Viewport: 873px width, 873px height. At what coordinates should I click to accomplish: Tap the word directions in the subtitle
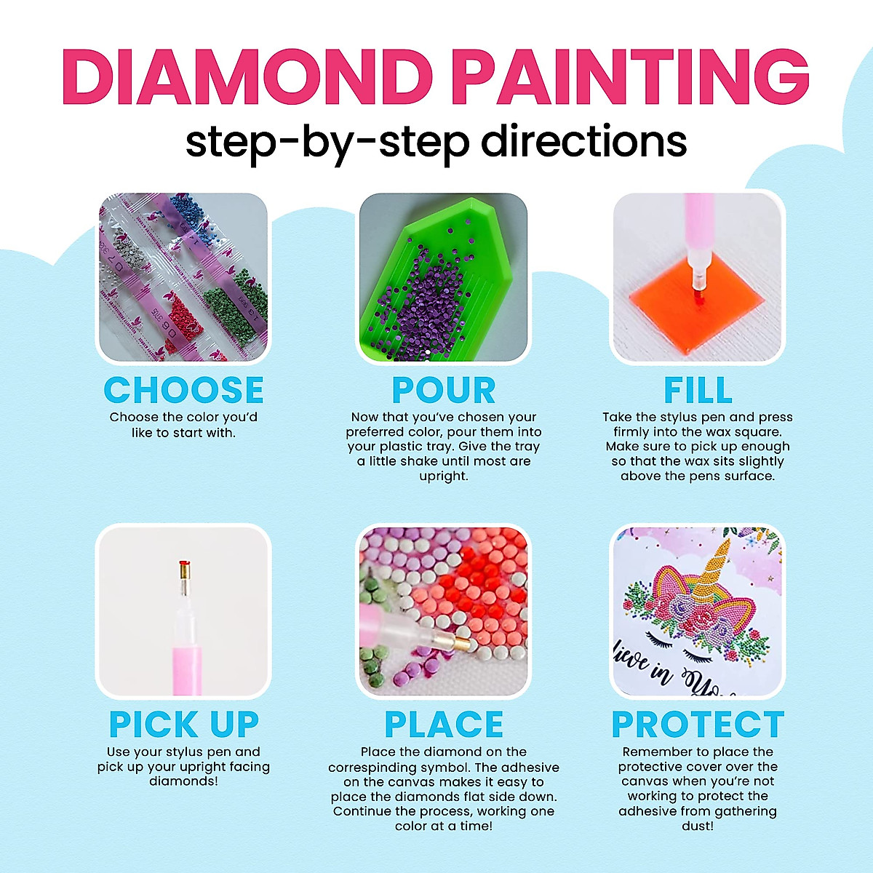[x=584, y=141]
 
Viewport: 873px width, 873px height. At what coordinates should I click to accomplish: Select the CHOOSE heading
[x=183, y=391]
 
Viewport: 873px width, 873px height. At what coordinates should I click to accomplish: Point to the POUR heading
[x=444, y=391]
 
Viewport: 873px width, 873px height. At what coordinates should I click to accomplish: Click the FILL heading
[x=698, y=391]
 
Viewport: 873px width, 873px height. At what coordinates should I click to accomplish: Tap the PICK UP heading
[x=183, y=725]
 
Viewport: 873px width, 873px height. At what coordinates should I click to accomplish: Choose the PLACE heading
[x=444, y=725]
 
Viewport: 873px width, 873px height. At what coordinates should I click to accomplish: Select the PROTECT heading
[x=698, y=725]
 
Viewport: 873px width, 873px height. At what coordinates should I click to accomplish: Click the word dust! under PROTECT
[x=698, y=826]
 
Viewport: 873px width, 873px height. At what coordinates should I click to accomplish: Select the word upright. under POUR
[x=444, y=477]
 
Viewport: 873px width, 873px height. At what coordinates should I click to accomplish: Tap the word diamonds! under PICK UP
[x=183, y=782]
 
